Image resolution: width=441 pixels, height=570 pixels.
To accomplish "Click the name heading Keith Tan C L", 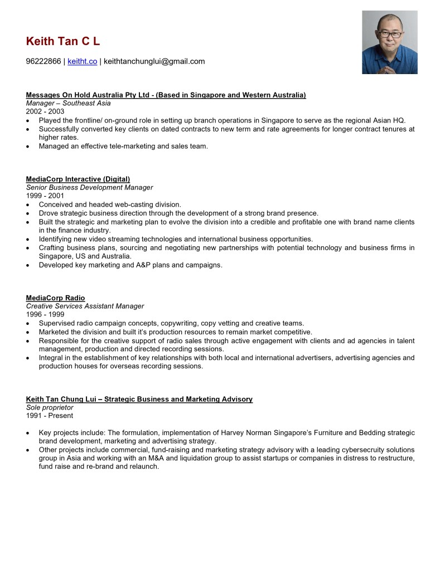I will (x=63, y=41).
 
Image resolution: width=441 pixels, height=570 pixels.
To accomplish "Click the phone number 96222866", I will (x=43, y=61).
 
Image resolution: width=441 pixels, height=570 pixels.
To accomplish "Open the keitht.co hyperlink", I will (x=82, y=61).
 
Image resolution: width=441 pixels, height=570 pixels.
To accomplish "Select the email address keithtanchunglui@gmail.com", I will (x=154, y=61).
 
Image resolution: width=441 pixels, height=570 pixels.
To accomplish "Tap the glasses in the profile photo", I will (x=390, y=35).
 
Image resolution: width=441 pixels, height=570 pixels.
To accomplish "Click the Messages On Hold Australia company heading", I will (x=166, y=95).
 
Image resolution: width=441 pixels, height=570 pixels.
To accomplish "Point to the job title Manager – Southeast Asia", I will (x=68, y=103).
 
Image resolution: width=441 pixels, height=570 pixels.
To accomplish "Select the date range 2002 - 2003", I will (x=45, y=111).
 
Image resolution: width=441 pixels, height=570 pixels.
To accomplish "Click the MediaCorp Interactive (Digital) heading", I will (x=78, y=179).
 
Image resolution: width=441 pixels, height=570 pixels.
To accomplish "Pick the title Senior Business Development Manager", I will (x=89, y=187).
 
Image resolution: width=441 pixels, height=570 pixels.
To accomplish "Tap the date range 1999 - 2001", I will (x=45, y=196).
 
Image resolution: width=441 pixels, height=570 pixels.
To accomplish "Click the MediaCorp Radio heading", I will (x=56, y=298).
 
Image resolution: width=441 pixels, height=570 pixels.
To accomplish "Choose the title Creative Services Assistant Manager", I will (x=85, y=306).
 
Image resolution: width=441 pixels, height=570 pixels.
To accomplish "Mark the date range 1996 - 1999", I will (x=45, y=314).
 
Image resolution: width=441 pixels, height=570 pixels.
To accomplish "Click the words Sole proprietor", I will (x=50, y=407).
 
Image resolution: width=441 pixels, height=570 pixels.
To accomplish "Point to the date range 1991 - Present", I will (x=50, y=416).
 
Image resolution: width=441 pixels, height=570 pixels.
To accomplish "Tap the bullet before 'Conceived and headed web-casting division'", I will (x=28, y=205).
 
